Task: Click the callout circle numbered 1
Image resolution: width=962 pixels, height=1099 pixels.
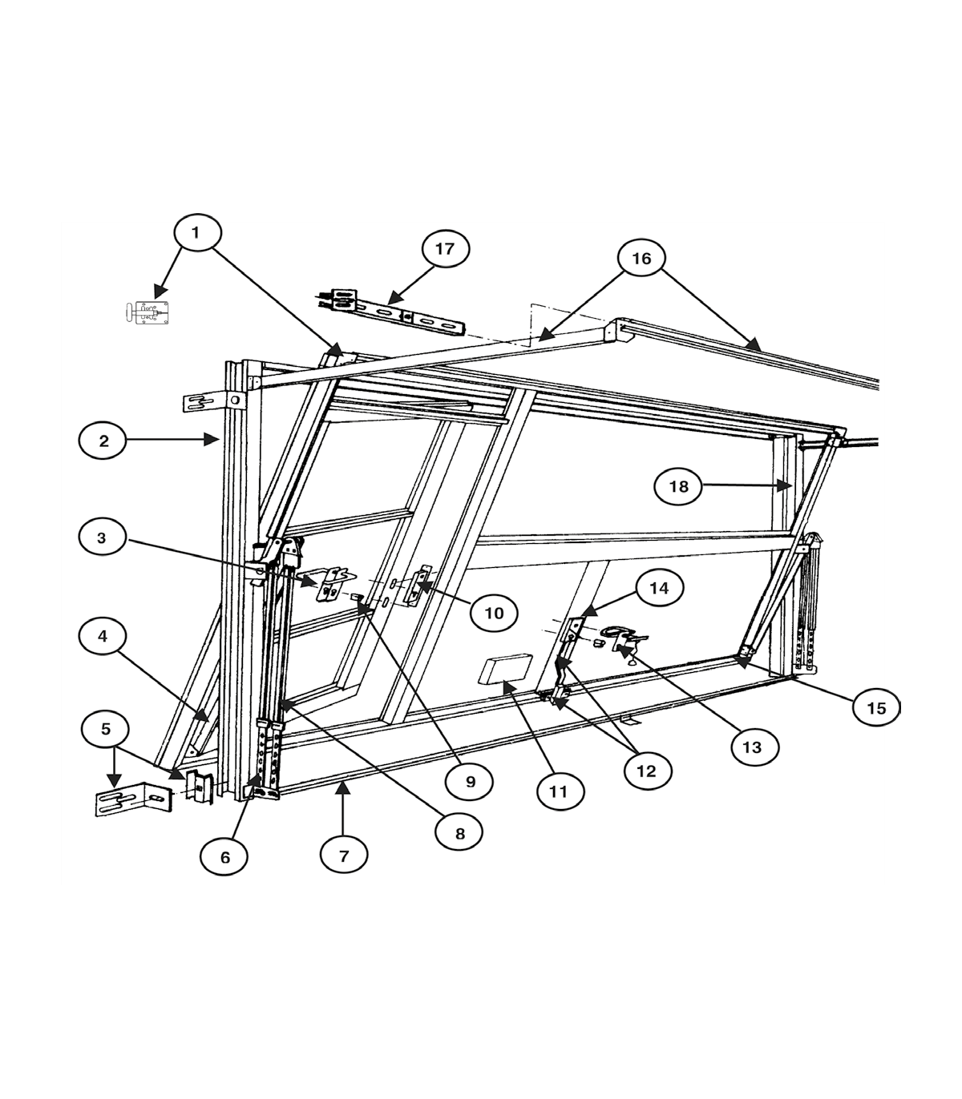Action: [196, 232]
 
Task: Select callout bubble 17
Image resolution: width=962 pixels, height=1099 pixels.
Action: [445, 248]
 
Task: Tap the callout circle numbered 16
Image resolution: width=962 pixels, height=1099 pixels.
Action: [641, 259]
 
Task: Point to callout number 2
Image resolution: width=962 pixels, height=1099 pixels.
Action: [103, 441]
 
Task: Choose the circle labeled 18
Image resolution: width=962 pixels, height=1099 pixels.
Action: [678, 486]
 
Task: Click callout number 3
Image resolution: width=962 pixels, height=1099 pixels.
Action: [102, 537]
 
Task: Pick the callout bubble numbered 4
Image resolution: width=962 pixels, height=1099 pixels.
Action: [103, 637]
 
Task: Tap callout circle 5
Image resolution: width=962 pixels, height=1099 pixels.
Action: [105, 730]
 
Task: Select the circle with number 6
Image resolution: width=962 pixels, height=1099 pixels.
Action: [224, 858]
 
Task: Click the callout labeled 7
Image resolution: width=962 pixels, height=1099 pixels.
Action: [344, 855]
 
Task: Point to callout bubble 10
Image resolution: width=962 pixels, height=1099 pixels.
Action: [494, 613]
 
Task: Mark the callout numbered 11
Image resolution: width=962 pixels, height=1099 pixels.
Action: [560, 791]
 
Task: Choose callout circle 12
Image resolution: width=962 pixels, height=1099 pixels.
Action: [647, 771]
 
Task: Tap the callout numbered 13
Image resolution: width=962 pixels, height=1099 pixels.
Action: [754, 747]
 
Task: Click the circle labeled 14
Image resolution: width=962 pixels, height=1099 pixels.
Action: [660, 588]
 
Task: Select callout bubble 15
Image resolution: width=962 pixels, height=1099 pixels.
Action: [876, 708]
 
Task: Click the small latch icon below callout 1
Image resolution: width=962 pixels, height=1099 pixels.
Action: [147, 312]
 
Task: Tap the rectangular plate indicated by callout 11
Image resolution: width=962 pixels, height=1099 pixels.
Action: [505, 670]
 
